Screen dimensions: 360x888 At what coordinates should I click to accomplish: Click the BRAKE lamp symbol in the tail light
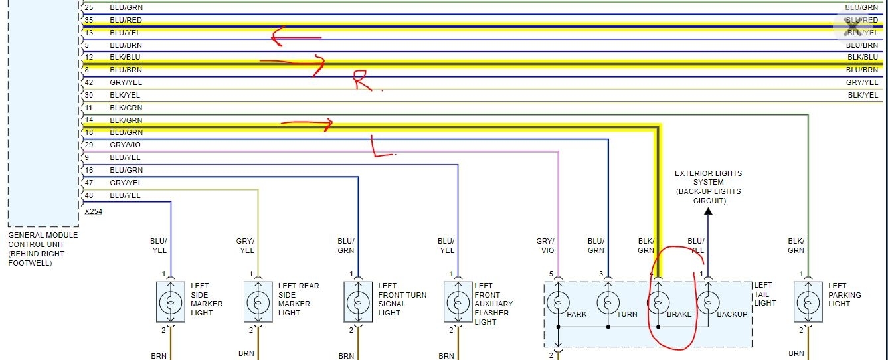pyautogui.click(x=658, y=303)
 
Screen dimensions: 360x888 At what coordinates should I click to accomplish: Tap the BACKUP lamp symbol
pyautogui.click(x=707, y=303)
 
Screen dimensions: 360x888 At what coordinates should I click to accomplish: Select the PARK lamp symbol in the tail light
pyautogui.click(x=558, y=303)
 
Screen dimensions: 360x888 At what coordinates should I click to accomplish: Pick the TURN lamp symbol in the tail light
pyautogui.click(x=608, y=303)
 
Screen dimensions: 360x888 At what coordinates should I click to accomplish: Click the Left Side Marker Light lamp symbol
pyautogui.click(x=171, y=303)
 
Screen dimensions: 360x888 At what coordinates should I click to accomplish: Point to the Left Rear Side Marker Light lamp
pyautogui.click(x=258, y=303)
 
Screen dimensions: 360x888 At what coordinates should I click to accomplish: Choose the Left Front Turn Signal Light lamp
pyautogui.click(x=358, y=303)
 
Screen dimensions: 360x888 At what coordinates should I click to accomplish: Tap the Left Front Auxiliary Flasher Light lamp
pyautogui.click(x=458, y=303)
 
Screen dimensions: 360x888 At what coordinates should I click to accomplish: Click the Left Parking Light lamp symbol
pyautogui.click(x=808, y=303)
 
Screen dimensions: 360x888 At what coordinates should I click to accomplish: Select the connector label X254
pyautogui.click(x=94, y=211)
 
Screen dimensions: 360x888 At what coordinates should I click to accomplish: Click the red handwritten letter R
pyautogui.click(x=362, y=80)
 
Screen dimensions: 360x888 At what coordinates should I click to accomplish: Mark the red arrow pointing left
pyautogui.click(x=296, y=38)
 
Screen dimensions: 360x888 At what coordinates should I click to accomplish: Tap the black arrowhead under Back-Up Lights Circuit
pyautogui.click(x=708, y=212)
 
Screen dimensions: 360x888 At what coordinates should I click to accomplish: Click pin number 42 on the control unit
pyautogui.click(x=90, y=82)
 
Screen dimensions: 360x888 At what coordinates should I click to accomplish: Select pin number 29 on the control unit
pyautogui.click(x=90, y=145)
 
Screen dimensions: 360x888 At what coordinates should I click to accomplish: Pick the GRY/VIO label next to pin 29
pyautogui.click(x=126, y=145)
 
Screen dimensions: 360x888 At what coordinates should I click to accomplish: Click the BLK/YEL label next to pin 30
pyautogui.click(x=126, y=95)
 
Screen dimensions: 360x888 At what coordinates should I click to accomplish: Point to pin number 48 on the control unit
pyautogui.click(x=90, y=195)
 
